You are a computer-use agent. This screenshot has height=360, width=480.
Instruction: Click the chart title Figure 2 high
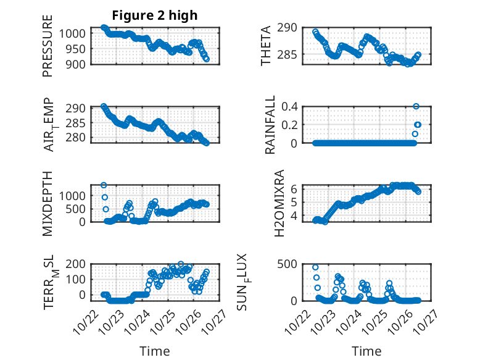click(154, 15)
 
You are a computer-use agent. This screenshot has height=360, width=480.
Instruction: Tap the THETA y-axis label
click(266, 46)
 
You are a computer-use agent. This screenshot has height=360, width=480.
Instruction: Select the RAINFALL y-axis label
click(270, 125)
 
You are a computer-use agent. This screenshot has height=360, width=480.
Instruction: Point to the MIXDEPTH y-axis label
click(48, 203)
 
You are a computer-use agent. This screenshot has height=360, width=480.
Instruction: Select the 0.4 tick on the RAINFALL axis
click(291, 106)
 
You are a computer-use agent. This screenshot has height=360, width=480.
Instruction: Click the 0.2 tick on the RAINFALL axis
click(291, 125)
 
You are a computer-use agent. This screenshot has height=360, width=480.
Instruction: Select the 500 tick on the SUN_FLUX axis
click(291, 264)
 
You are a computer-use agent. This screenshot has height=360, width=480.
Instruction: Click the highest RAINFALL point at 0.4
click(416, 106)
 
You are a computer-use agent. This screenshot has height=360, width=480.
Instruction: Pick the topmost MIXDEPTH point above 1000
click(104, 185)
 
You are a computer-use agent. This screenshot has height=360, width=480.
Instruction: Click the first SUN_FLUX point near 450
click(315, 267)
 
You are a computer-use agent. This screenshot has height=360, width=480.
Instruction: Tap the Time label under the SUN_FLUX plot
click(366, 351)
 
